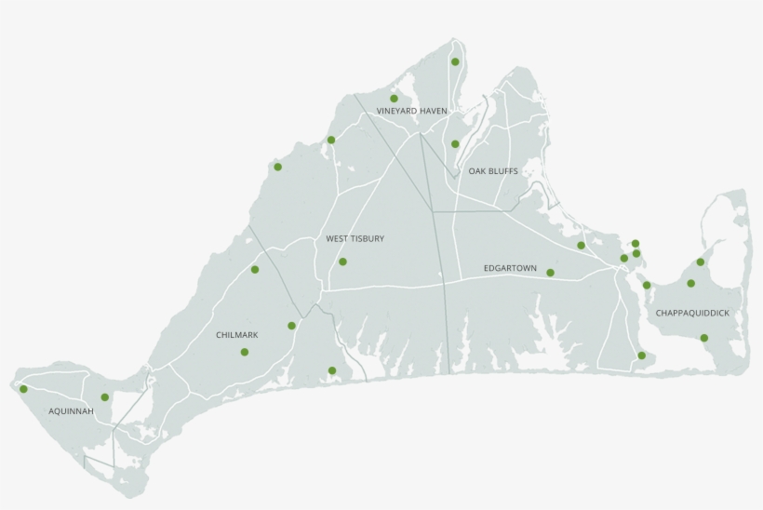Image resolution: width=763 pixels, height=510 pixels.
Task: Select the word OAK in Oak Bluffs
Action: [477, 171]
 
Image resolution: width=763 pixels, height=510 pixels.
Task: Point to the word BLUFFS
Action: [503, 171]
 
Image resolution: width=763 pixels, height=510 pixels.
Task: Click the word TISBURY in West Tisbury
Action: [368, 239]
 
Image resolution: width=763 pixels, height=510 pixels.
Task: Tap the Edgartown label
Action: [510, 268]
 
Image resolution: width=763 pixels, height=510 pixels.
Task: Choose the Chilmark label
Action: [236, 335]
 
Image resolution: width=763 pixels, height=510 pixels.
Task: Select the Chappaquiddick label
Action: [698, 314]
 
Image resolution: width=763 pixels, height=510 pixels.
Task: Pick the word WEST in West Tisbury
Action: [337, 239]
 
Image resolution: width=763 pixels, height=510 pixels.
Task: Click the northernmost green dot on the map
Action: [455, 62]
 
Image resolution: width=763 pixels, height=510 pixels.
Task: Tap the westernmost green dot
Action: [23, 389]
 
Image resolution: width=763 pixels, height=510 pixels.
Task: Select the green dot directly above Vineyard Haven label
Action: [394, 98]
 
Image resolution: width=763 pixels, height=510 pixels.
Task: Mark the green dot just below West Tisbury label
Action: [342, 262]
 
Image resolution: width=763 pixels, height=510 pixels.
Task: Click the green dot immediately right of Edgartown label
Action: [550, 273]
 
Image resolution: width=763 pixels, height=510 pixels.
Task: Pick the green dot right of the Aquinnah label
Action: [104, 396]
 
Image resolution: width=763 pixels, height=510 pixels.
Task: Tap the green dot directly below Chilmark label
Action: [244, 352]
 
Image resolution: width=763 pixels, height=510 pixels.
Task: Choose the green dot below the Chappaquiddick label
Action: [703, 338]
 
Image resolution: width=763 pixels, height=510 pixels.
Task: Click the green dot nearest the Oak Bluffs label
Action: [455, 144]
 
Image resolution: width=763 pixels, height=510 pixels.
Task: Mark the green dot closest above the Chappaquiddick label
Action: [690, 283]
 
